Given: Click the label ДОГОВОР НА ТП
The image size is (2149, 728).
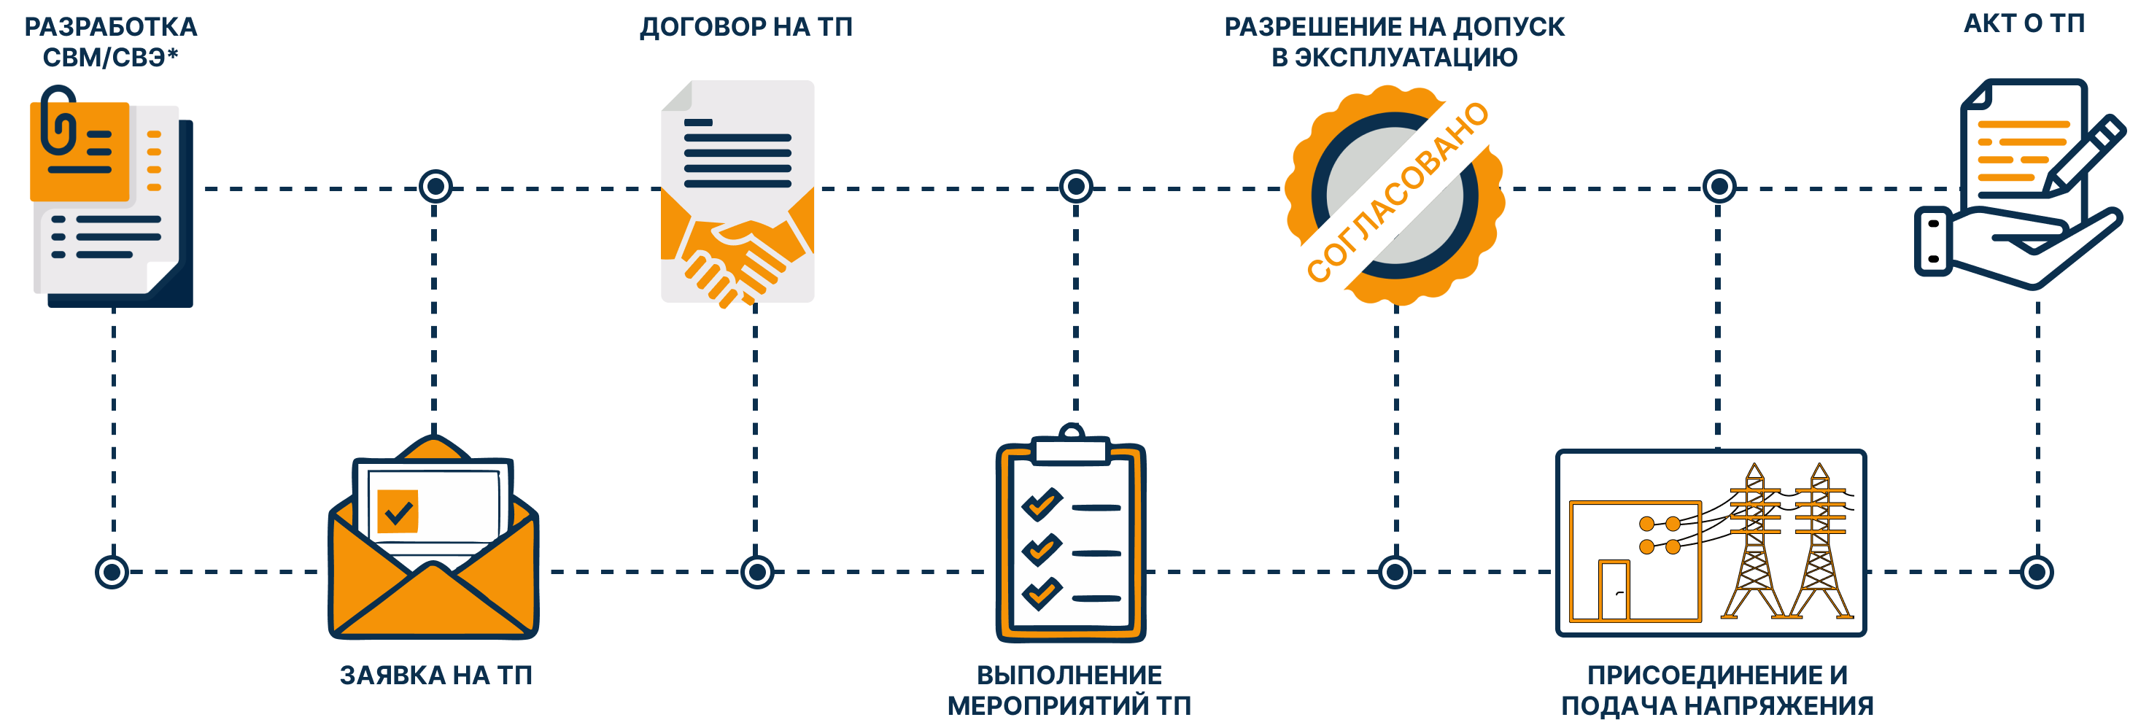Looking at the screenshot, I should [746, 28].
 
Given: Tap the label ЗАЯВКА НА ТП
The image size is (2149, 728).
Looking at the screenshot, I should [435, 675].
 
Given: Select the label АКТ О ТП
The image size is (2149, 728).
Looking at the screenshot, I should [2024, 24].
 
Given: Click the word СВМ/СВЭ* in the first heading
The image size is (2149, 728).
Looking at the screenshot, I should [111, 58].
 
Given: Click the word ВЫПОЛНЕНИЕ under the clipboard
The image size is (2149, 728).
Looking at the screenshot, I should [1069, 675].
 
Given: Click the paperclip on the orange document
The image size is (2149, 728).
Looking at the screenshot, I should [58, 121].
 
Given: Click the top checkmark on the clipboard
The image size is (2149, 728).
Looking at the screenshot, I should [1041, 503].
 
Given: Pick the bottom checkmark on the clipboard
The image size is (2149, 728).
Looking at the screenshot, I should [1041, 593].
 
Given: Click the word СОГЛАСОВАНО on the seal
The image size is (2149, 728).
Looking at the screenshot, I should [1398, 193].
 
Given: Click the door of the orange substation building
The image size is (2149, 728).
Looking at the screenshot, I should [1614, 590].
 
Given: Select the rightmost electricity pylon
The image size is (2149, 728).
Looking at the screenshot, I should [1819, 542].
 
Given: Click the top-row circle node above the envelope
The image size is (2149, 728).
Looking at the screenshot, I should [435, 186].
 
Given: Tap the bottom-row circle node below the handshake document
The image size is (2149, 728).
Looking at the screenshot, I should [756, 572].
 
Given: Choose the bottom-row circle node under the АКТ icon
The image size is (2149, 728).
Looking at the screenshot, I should [2037, 572].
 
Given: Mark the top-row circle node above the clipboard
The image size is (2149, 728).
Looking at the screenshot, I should [1075, 186].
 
